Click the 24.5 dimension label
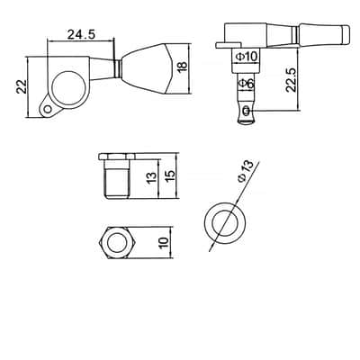pyautogui.click(x=81, y=34)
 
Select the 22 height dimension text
pyautogui.click(x=22, y=86)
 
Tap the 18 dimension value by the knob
pyautogui.click(x=182, y=67)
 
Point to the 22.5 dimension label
pyautogui.click(x=291, y=80)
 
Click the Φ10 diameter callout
pyautogui.click(x=247, y=57)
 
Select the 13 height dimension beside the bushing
pyautogui.click(x=152, y=178)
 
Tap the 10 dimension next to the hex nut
pyautogui.click(x=164, y=243)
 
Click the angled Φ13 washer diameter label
pyautogui.click(x=246, y=171)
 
